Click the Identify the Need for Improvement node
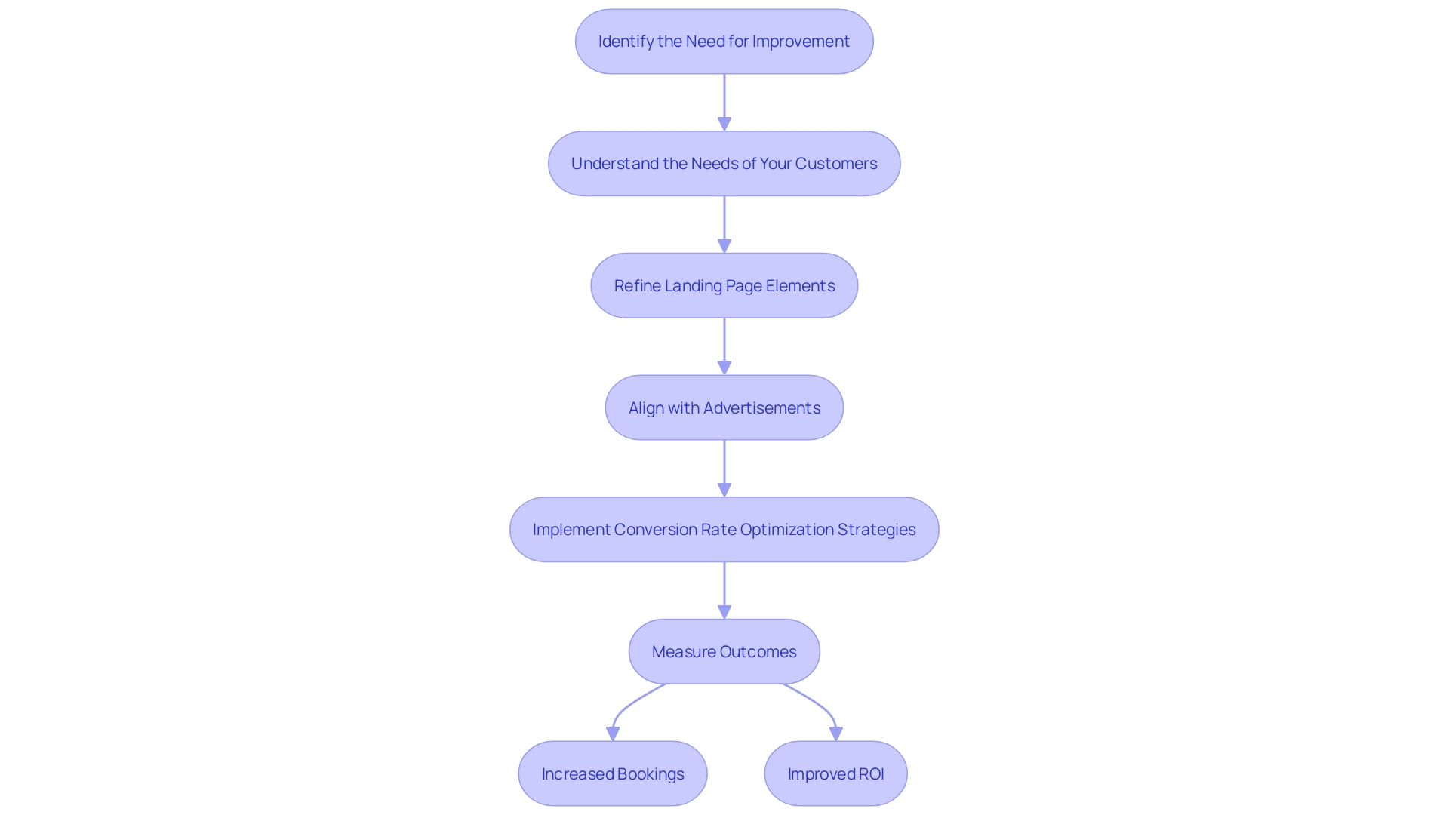[x=724, y=42]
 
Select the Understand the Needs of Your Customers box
[x=724, y=164]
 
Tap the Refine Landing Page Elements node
[x=724, y=286]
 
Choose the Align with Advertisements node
[x=724, y=408]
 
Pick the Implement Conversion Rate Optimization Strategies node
[x=724, y=530]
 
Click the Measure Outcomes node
[x=724, y=652]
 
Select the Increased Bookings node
[x=612, y=774]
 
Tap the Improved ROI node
[x=835, y=774]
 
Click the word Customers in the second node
[x=835, y=164]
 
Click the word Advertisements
[x=761, y=408]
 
